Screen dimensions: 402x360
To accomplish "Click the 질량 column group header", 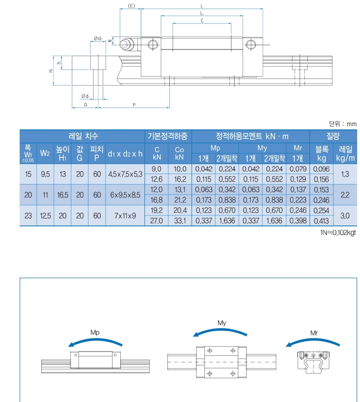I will (332, 136).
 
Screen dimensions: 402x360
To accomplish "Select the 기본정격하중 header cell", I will (168, 136).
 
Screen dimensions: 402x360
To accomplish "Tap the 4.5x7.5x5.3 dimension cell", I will (125, 174).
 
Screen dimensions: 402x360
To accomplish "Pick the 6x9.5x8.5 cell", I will (125, 195).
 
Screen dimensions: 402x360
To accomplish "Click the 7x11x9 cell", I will (125, 216).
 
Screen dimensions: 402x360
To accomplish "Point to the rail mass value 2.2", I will (345, 195).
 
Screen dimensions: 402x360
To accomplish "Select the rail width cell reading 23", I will (28, 216).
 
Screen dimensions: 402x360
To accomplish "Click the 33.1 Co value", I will (179, 221).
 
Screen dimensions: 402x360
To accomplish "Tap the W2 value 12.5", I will (45, 216).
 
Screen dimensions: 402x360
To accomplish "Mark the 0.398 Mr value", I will (298, 221).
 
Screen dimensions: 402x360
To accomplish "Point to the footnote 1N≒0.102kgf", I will (339, 233).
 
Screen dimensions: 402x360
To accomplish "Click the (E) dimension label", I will (132, 6).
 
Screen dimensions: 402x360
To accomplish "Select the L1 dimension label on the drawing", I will (202, 14).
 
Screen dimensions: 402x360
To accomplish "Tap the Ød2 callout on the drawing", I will (98, 38).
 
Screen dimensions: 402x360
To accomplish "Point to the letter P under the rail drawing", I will (134, 104).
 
